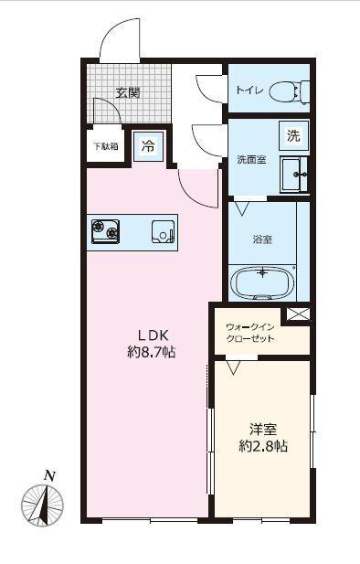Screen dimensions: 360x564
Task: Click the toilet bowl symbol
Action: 290,90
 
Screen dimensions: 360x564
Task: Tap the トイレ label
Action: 249,90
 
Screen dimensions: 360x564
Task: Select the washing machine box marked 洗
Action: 294,135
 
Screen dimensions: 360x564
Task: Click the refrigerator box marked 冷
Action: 148,146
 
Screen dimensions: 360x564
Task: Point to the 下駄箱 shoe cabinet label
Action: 106,146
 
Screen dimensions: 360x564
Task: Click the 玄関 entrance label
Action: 128,93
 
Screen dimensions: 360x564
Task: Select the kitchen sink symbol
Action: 164,231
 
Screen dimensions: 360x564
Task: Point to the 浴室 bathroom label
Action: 262,239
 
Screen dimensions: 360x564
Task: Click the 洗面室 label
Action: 251,160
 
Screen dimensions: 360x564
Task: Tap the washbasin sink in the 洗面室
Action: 294,175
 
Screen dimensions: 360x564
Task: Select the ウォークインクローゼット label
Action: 250,333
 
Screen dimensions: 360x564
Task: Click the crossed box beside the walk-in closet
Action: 298,314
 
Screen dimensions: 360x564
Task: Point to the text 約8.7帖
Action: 152,353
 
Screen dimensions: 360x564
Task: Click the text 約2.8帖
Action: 263,446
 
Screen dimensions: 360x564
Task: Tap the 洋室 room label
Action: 263,429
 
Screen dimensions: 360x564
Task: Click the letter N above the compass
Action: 49,476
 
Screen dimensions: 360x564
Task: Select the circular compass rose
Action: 42,505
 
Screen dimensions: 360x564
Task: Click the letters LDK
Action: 153,335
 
